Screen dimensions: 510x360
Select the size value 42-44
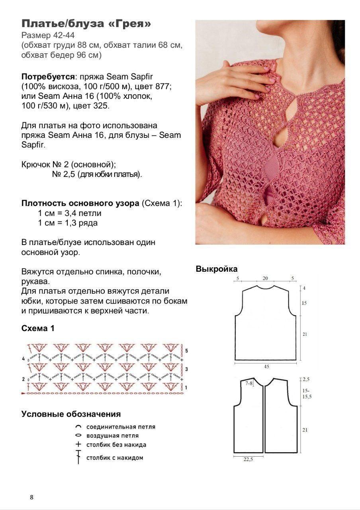pos(64,35)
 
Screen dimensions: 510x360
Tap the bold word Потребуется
pos(48,76)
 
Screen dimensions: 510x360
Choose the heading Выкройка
pos(216,269)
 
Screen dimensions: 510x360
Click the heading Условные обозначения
pos(71,414)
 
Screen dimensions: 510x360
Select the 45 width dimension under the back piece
pos(265,365)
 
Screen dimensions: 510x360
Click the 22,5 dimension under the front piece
pos(248,459)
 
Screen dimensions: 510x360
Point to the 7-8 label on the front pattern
pos(249,383)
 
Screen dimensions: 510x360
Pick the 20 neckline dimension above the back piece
pos(265,279)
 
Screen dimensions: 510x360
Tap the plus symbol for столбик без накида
pos(78,444)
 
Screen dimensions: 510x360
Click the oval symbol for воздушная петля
pos(78,435)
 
